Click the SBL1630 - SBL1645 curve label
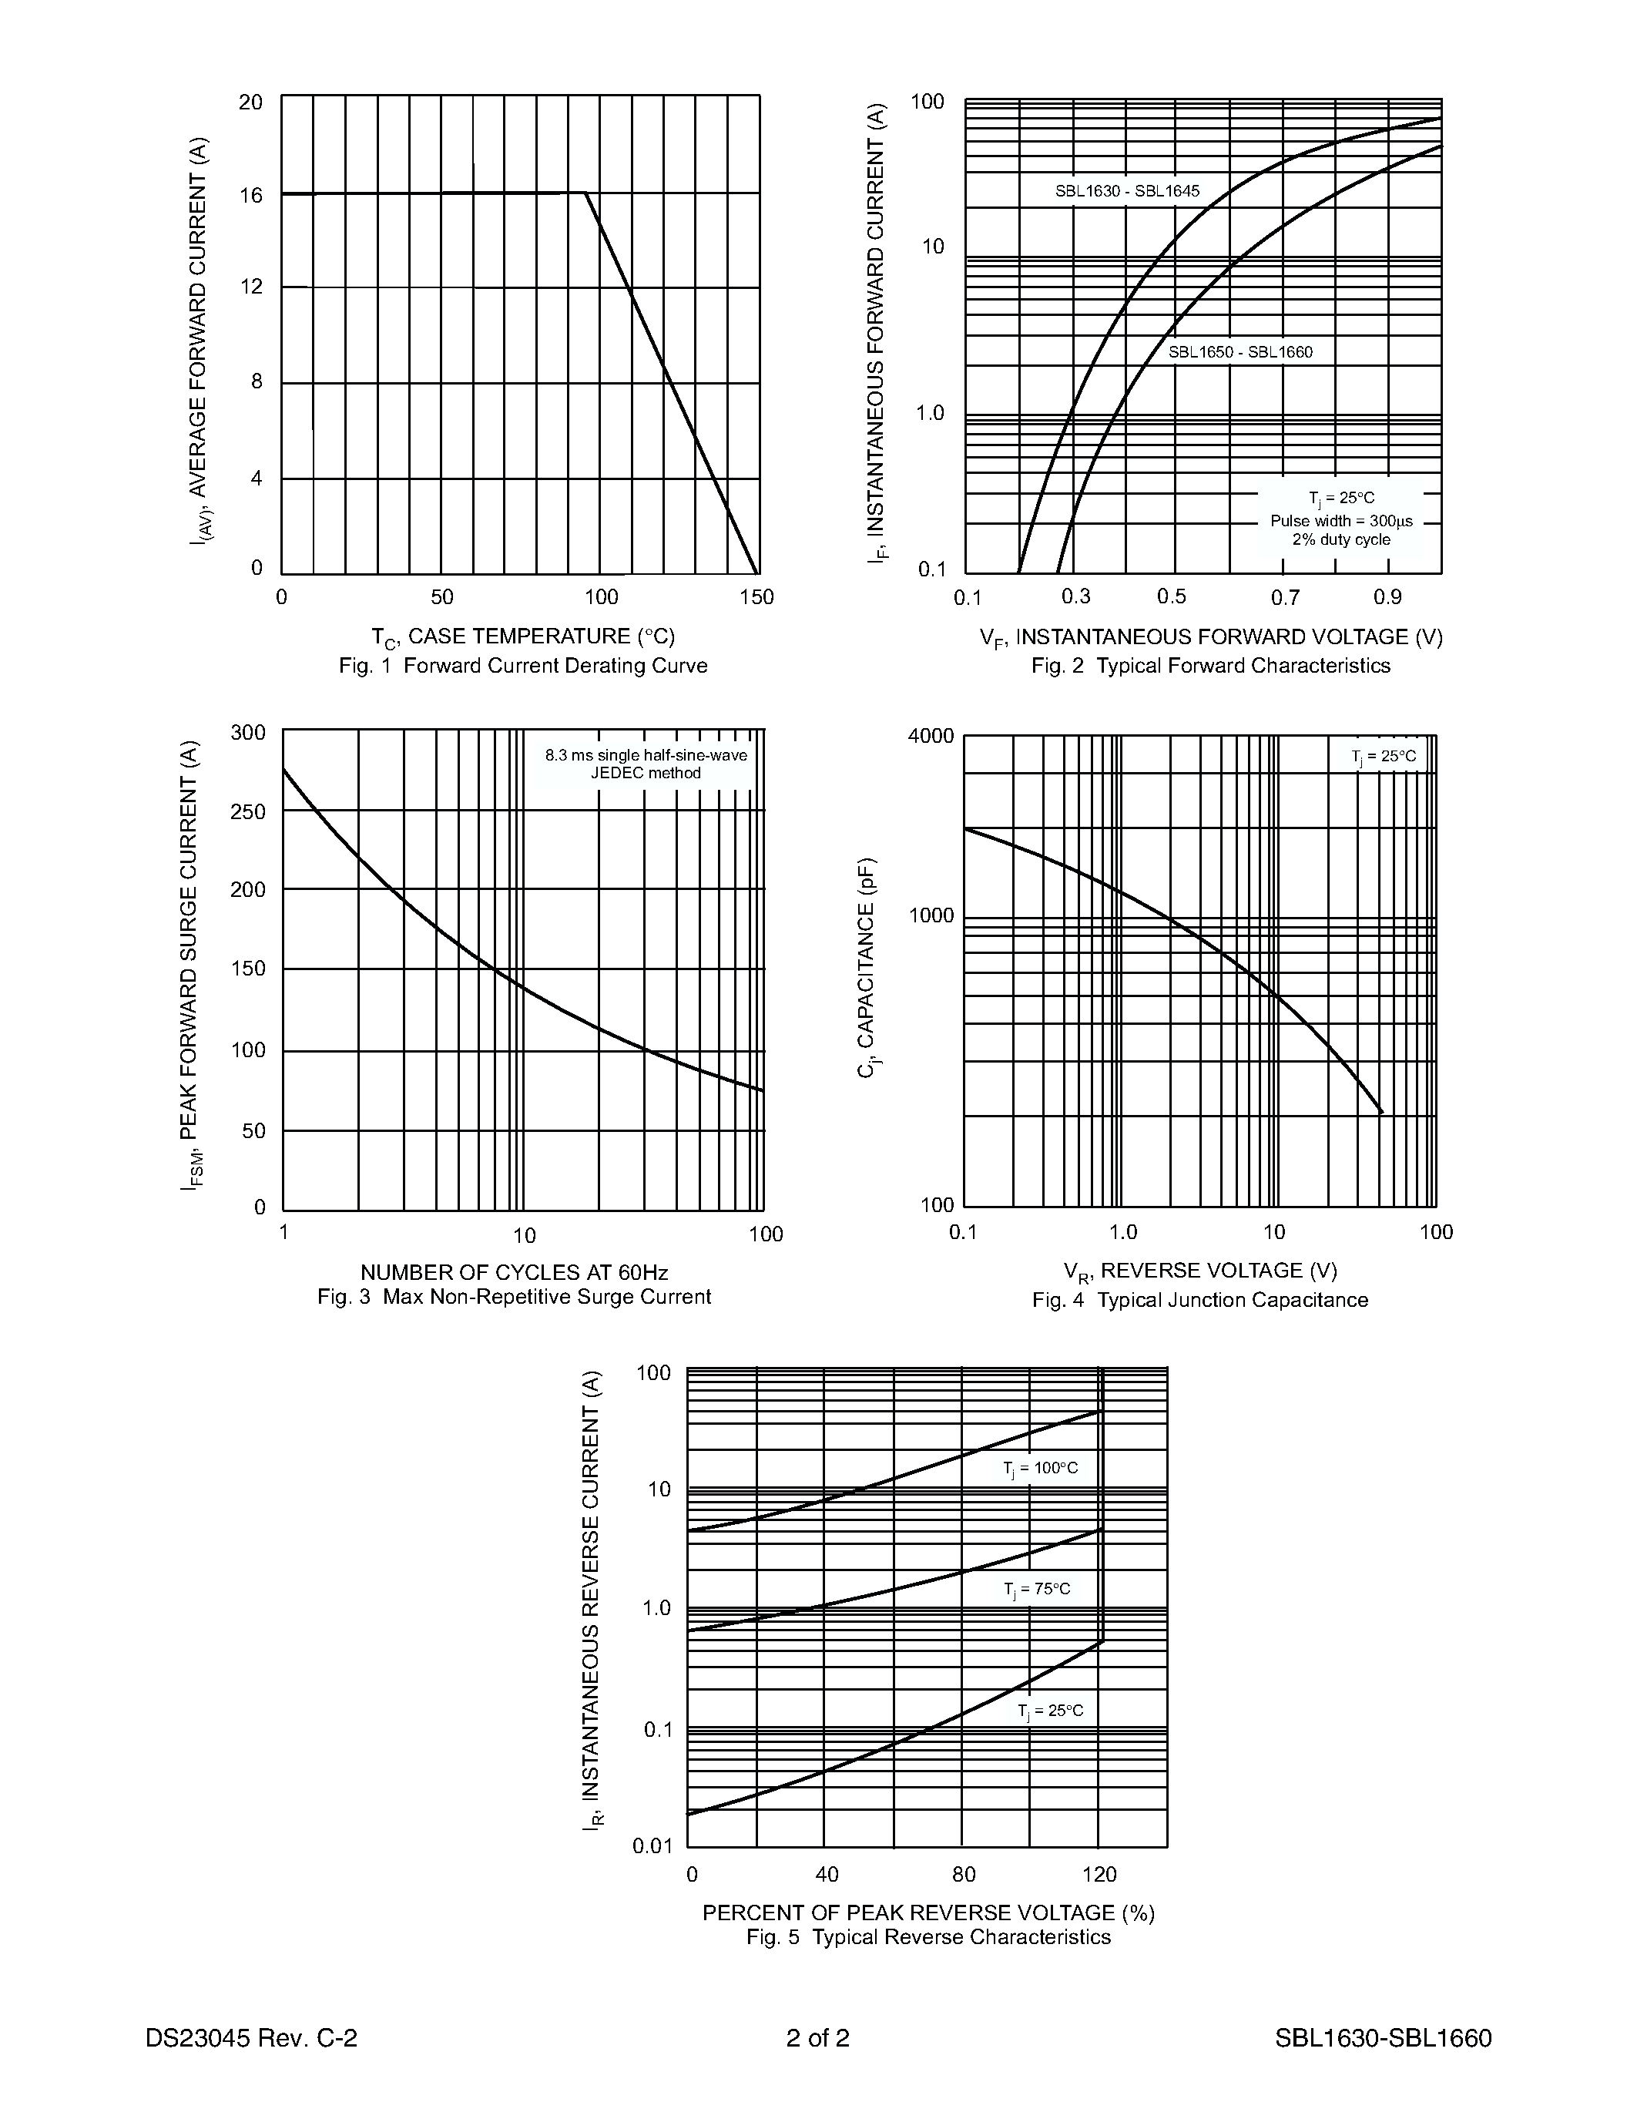coord(1127,191)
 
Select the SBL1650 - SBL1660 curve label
coord(1240,352)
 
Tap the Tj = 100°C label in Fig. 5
coord(1041,1468)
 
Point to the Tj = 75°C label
coord(1037,1589)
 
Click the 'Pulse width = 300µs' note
coord(1341,521)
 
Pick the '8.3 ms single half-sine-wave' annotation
coord(646,755)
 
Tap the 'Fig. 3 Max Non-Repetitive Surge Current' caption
coord(514,1297)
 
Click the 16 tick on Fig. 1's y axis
coord(251,196)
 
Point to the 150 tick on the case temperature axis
coord(756,596)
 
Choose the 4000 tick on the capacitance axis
coord(931,735)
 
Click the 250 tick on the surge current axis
coord(248,811)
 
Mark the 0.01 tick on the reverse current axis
coord(652,1845)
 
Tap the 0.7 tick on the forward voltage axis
coord(1286,598)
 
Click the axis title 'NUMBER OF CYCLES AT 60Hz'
coord(514,1272)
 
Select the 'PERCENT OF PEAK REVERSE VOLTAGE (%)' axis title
coord(929,1912)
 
